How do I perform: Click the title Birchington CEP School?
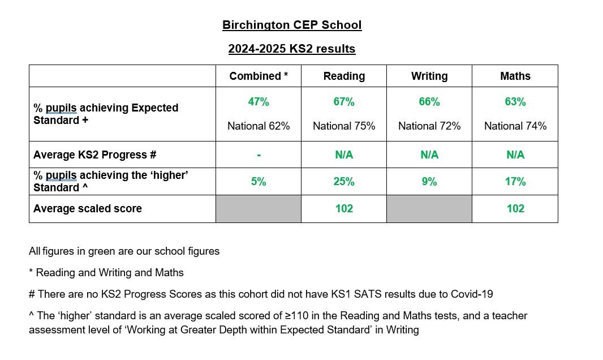[x=291, y=25]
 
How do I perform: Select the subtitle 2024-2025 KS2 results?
[x=291, y=49]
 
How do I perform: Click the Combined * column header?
[x=259, y=76]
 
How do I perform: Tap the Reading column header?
[x=344, y=76]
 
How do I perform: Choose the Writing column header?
[x=429, y=76]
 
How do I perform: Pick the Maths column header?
[x=515, y=76]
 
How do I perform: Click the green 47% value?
[x=259, y=102]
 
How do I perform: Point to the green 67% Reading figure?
[x=344, y=102]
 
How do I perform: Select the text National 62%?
[x=259, y=126]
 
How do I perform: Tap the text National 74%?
[x=515, y=126]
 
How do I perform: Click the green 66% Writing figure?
[x=429, y=102]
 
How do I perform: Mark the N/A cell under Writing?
[x=429, y=155]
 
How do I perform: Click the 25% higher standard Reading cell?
[x=344, y=182]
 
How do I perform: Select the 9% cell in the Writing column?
[x=429, y=182]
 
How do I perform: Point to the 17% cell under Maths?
[x=515, y=182]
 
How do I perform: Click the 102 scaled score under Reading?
[x=344, y=208]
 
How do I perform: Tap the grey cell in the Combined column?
[x=259, y=209]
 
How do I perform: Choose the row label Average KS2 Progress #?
[x=94, y=155]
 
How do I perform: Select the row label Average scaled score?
[x=88, y=208]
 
